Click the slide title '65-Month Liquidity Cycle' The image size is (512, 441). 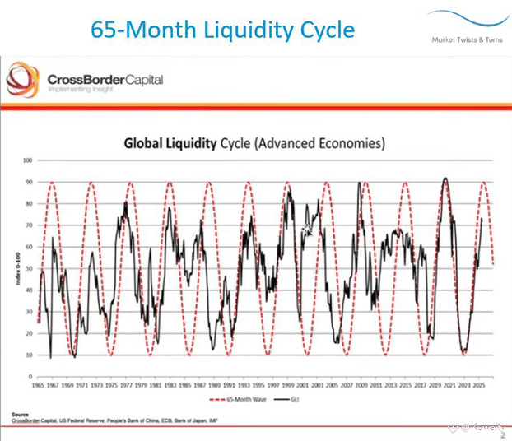(x=222, y=30)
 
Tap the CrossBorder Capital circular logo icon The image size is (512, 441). (x=22, y=81)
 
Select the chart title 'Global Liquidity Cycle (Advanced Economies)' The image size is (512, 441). (x=254, y=143)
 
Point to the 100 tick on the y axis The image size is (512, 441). (x=27, y=160)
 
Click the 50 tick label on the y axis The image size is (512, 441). (x=28, y=268)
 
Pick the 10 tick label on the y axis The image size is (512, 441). (x=28, y=355)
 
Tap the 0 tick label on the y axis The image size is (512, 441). (x=30, y=376)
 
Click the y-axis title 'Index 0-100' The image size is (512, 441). (x=16, y=269)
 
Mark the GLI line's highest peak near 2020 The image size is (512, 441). (x=445, y=178)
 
